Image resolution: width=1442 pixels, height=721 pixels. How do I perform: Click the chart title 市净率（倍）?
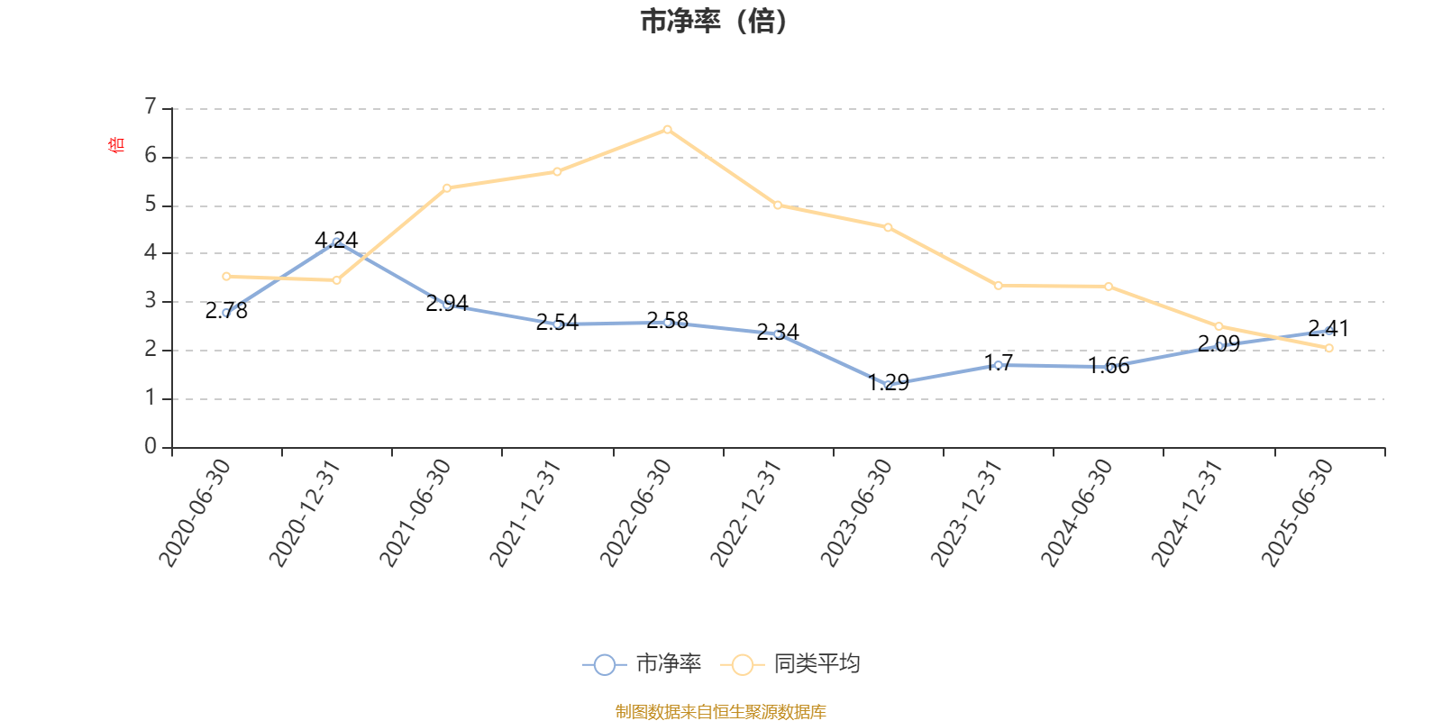714,22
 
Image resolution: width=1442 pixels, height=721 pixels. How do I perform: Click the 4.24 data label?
336,240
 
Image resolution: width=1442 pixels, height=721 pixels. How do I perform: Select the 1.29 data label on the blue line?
889,382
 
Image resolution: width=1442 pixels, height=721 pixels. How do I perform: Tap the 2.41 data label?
1328,328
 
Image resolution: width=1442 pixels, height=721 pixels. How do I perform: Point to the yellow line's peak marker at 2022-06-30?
668,130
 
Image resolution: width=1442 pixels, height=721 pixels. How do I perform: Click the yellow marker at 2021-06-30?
447,187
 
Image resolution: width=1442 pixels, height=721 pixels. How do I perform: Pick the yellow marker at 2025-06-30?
1328,348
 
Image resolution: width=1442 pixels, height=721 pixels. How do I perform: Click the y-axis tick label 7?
151,107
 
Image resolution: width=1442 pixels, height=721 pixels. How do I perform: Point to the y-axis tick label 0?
151,447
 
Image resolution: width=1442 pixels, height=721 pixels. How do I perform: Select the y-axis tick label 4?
151,253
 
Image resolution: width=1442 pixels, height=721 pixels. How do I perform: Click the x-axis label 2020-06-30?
196,513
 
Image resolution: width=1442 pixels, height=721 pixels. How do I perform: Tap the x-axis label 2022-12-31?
746,513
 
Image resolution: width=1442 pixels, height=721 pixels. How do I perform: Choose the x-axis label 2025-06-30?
1298,513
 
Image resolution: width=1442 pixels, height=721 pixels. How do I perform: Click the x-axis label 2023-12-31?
967,513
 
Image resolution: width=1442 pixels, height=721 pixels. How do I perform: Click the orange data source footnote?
720,712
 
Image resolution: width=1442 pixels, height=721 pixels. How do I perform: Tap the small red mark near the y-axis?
115,144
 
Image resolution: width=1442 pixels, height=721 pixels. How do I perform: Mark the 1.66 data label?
1109,366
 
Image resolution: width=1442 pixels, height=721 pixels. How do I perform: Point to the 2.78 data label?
226,312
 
